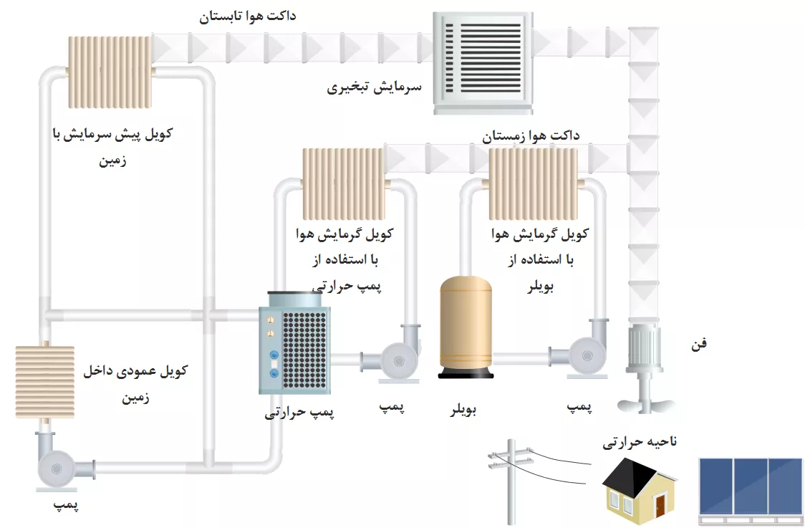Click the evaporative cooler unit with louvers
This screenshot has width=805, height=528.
tap(483, 64)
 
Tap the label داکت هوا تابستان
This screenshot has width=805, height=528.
tap(248, 16)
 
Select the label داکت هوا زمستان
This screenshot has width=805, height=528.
tap(531, 135)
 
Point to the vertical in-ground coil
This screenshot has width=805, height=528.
tap(44, 381)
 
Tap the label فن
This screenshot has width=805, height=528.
tap(698, 344)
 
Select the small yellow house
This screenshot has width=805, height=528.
tap(640, 489)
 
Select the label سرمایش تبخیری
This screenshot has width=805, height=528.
tap(375, 88)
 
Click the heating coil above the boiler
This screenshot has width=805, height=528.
tap(533, 185)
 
